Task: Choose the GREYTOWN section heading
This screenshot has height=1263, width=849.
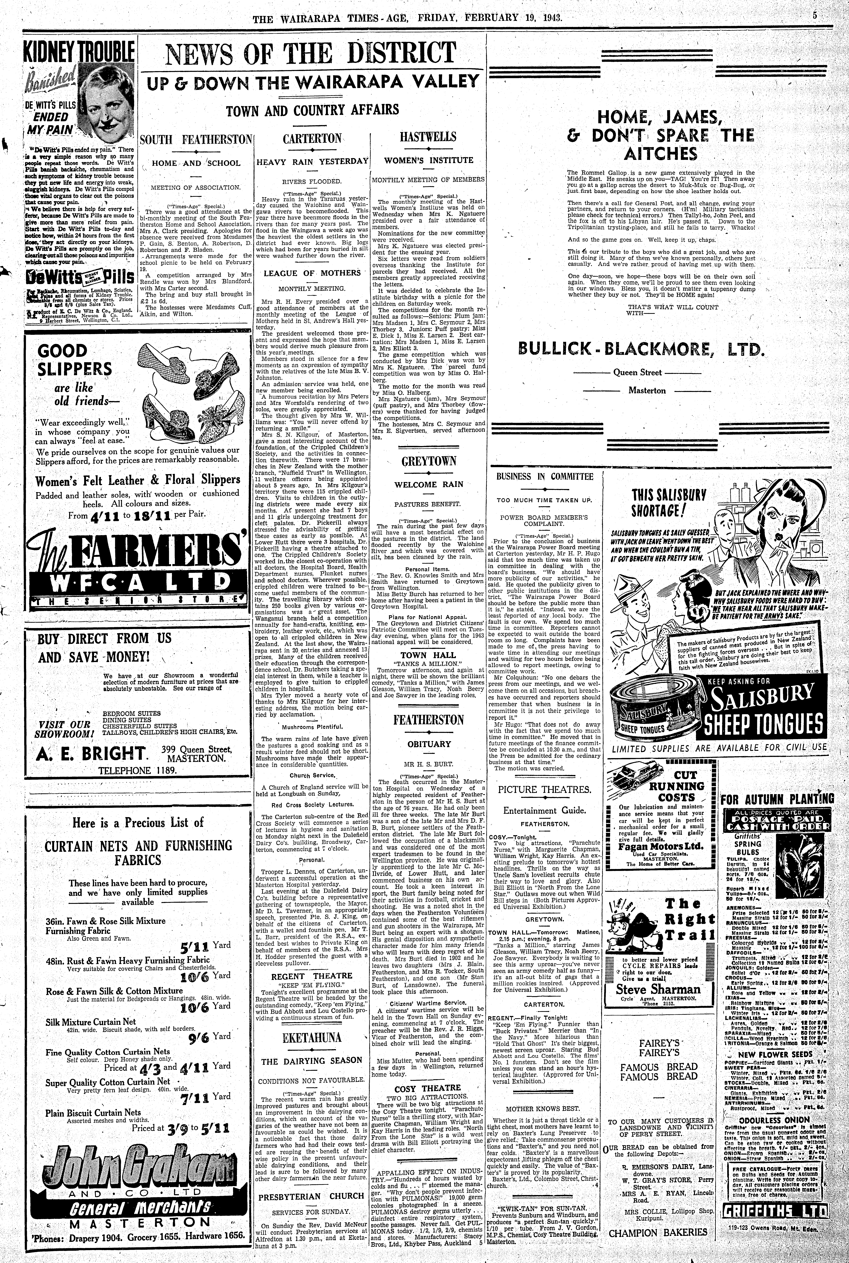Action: coord(429,462)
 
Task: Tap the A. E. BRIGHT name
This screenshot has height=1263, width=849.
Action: coord(93,753)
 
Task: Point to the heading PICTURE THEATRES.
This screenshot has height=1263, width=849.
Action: coord(545,790)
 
